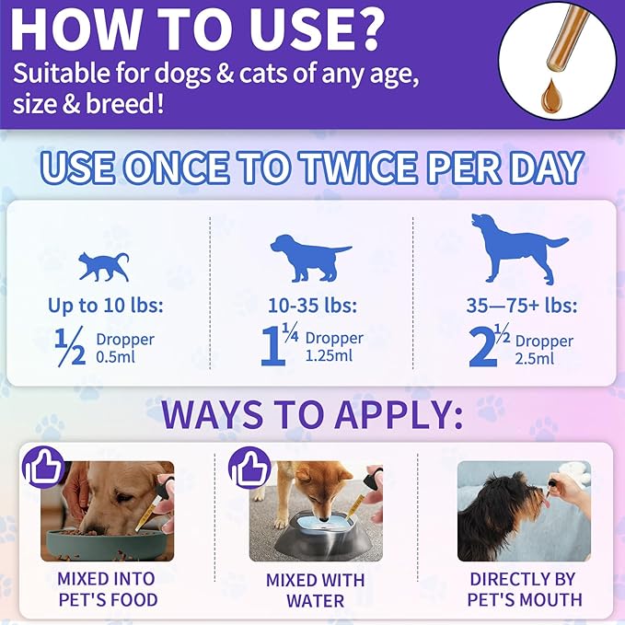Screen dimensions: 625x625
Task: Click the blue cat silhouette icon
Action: pos(102,265)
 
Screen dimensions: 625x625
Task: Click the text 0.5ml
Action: pos(115,357)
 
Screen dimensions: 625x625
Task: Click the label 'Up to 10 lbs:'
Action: pos(104,305)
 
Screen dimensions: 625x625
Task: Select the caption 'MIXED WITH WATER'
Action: pos(315,590)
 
